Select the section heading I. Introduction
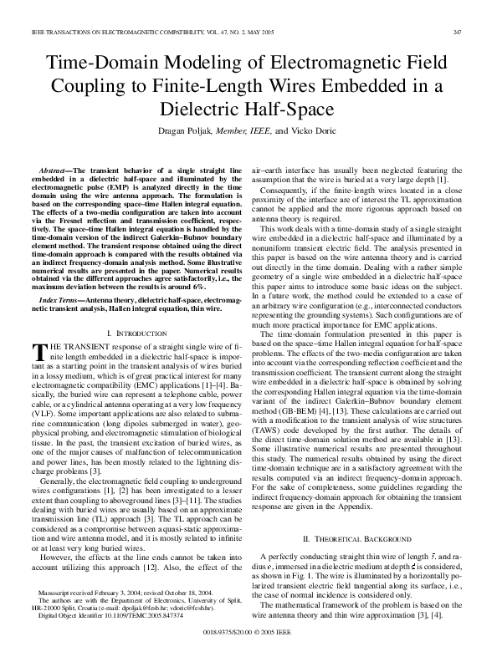pos(136,309)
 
